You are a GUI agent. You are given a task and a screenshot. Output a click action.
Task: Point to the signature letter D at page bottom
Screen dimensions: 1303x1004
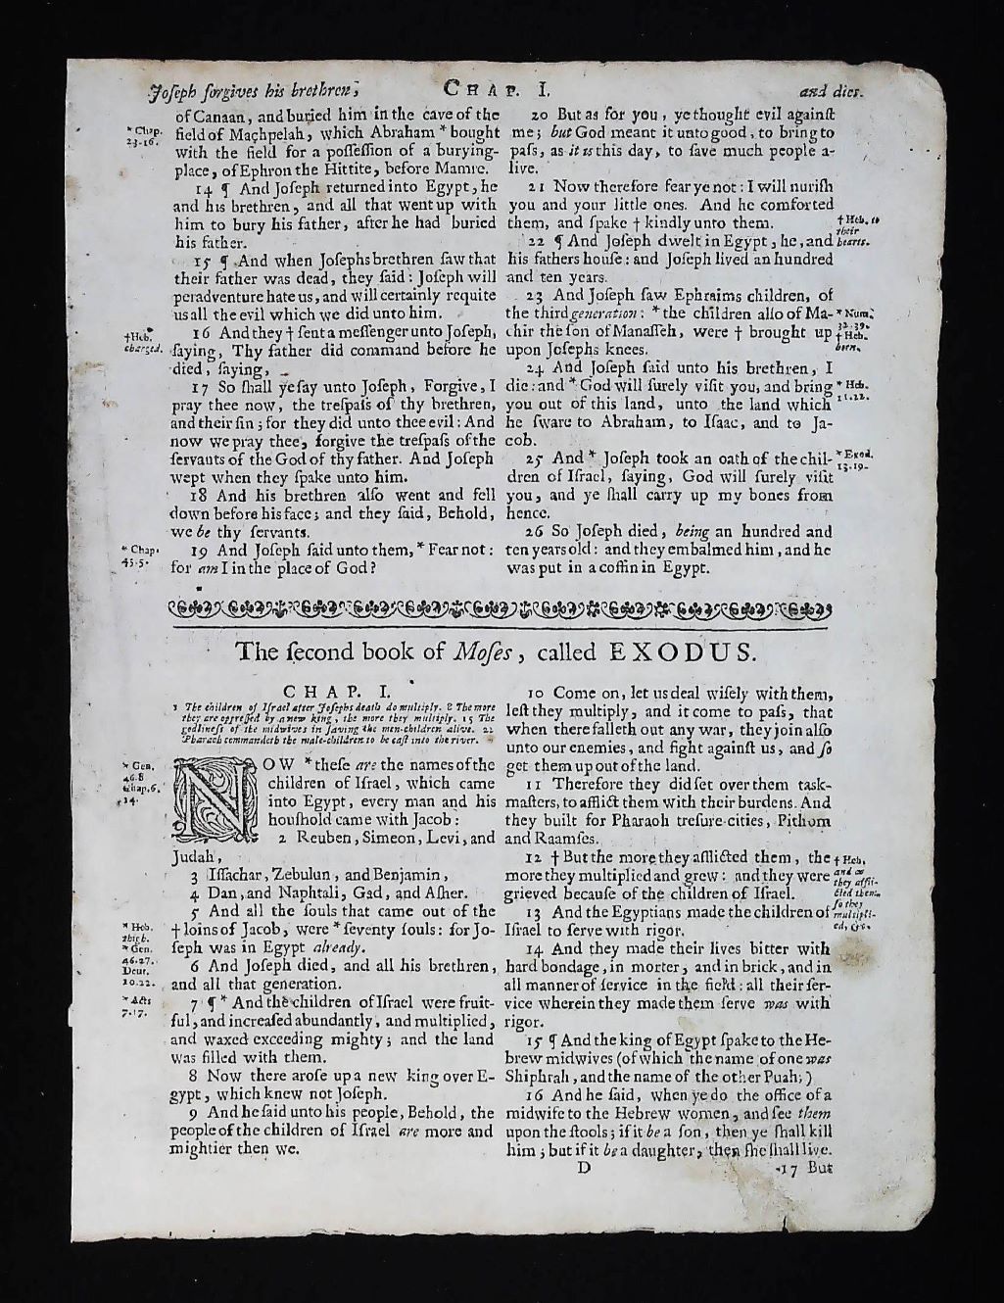tap(584, 1167)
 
